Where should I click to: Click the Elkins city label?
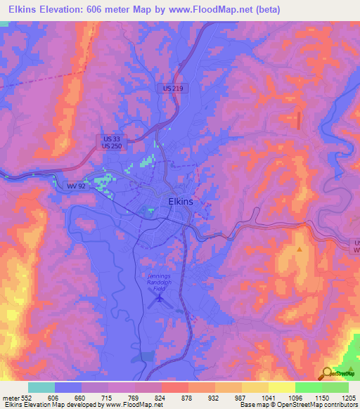coord(181,201)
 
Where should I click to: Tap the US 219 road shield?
coord(172,89)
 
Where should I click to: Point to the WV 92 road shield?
coord(76,186)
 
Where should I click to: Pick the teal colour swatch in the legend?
coord(41,387)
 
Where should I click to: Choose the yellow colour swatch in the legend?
coord(281,387)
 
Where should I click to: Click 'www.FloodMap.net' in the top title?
coord(217,9)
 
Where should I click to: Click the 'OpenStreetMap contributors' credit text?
coord(312,404)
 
